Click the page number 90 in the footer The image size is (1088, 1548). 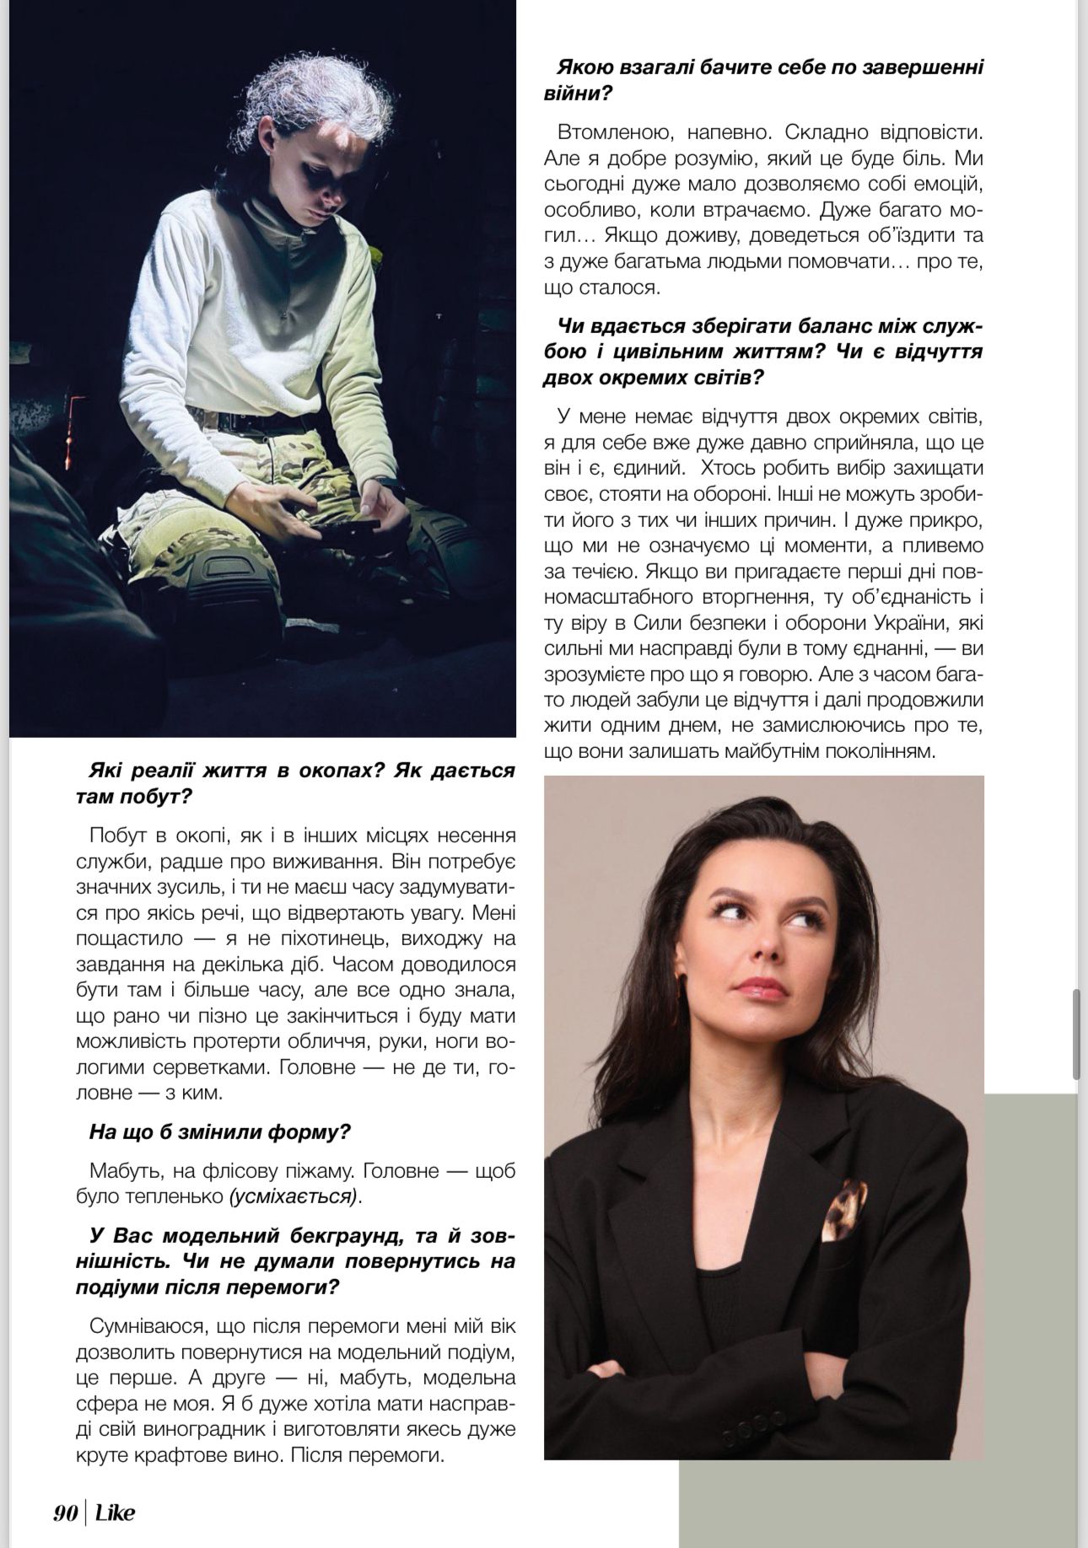tap(65, 1513)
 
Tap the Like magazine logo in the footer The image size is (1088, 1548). tap(115, 1513)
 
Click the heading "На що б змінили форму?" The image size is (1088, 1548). tap(219, 1131)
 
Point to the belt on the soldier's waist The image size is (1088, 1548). tap(245, 420)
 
